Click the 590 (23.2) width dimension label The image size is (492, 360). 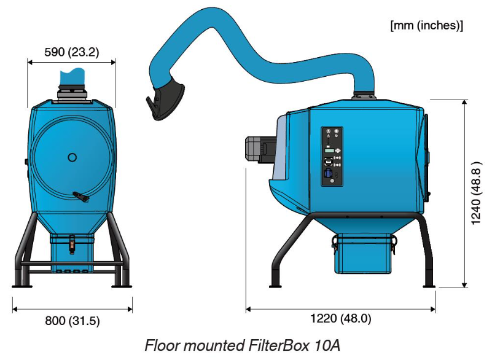pos(71,52)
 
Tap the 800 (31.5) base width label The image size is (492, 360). pos(72,321)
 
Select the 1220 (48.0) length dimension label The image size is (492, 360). pos(341,319)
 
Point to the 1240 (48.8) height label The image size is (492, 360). pos(476,193)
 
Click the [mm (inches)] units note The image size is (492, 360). pos(427,25)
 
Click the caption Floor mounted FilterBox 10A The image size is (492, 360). pos(243,345)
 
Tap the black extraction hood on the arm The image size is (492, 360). pos(165,99)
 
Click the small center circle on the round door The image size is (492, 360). pos(72,157)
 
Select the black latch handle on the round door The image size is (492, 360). pos(81,197)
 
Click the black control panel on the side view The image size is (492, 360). pos(332,157)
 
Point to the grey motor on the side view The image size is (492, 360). pos(260,150)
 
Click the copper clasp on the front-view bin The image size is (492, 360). pos(72,245)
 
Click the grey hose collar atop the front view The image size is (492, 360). pos(72,93)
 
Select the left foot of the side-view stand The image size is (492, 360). pos(275,285)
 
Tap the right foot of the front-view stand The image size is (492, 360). pos(121,285)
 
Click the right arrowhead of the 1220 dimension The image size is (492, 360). pos(432,310)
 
